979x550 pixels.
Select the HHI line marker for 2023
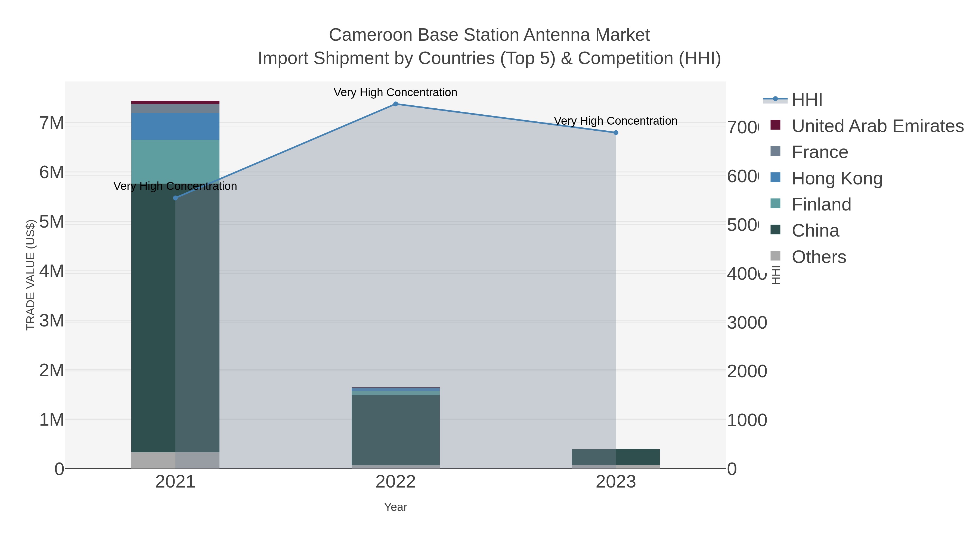(616, 133)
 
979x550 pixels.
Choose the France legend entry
(819, 152)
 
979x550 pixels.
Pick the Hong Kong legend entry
(837, 178)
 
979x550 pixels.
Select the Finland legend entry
(821, 205)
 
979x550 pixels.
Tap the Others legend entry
(819, 257)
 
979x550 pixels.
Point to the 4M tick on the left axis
(52, 271)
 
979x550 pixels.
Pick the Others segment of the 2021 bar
(175, 460)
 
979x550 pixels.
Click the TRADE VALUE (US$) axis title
(30, 275)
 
